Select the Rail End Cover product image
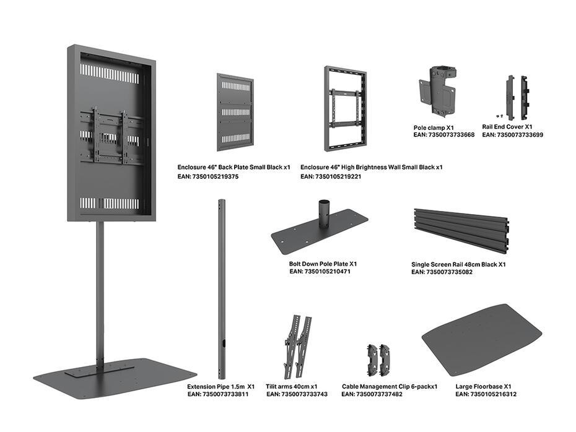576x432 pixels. coord(517,97)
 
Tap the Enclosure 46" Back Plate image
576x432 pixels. coord(235,112)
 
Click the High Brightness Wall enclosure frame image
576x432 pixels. coord(344,109)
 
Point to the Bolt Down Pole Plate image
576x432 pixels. coord(319,230)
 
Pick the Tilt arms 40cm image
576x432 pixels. coord(297,346)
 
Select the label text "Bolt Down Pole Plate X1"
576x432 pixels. coord(323,264)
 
